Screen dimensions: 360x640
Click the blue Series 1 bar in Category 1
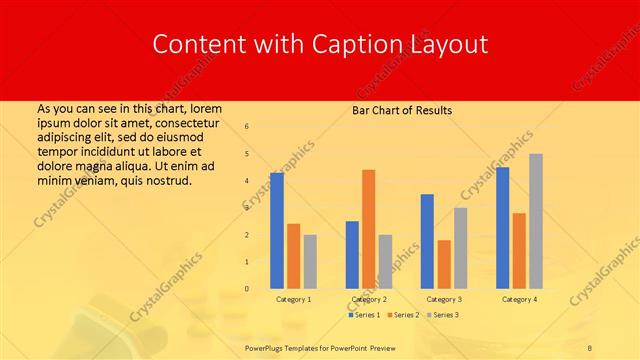click(277, 231)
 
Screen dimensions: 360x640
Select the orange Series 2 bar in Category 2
click(369, 229)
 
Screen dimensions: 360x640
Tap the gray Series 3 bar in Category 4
click(536, 221)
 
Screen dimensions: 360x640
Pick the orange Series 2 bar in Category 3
click(444, 264)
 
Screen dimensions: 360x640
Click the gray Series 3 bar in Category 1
click(310, 262)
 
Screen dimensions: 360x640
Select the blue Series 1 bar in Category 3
click(427, 241)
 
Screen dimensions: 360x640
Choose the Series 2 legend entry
click(404, 315)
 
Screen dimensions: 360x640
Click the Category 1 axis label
click(293, 299)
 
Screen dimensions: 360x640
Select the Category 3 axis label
click(444, 299)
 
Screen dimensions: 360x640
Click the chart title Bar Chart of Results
click(402, 110)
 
